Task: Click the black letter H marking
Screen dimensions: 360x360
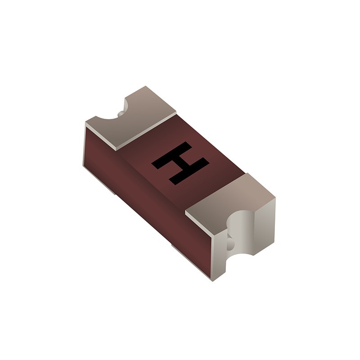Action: click(180, 163)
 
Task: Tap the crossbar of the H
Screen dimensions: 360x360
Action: click(180, 163)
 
